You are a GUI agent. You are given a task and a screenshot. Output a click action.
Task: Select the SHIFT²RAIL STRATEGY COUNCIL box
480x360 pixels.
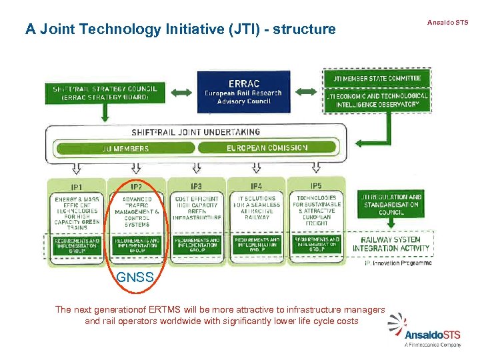[x=105, y=92]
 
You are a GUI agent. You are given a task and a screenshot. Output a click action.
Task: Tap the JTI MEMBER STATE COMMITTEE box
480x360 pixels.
[x=377, y=78]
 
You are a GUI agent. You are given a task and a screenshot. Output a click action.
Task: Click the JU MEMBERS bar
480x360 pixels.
[x=121, y=148]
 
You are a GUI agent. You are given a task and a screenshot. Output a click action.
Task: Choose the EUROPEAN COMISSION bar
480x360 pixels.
[x=267, y=148]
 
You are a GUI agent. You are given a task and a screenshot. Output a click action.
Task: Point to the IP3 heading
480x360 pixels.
[x=197, y=186]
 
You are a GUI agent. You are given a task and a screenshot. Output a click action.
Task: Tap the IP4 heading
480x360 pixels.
[x=257, y=186]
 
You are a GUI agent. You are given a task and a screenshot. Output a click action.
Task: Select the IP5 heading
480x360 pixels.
[x=316, y=185]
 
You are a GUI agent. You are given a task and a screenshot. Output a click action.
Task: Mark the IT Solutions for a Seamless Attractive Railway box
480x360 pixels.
[x=257, y=208]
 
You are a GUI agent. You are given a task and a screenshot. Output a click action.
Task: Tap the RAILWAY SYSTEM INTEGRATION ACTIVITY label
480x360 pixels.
[x=391, y=244]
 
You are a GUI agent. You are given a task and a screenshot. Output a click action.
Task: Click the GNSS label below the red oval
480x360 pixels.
[x=135, y=277]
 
